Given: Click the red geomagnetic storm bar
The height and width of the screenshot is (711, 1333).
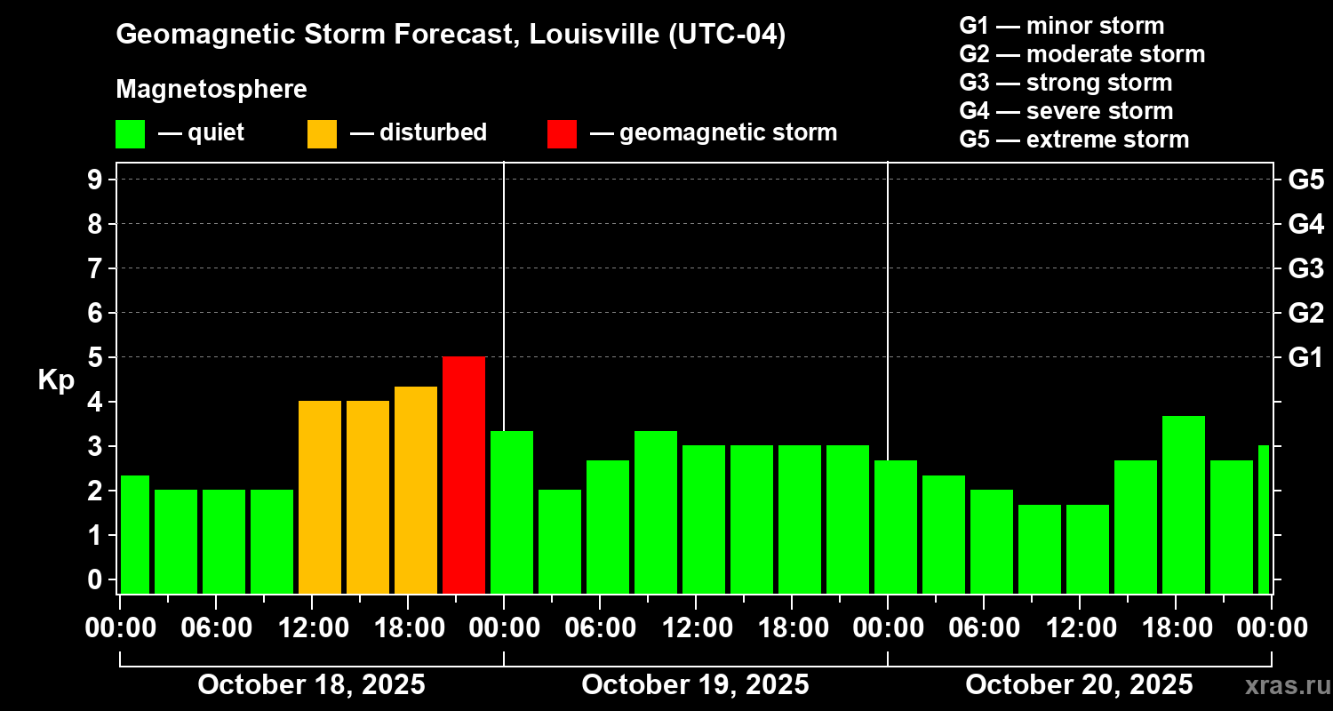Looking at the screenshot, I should (x=464, y=475).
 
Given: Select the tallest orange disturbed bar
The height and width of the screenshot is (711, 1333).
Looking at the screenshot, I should (x=416, y=490).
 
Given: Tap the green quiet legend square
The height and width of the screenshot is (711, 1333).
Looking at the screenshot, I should (x=130, y=133).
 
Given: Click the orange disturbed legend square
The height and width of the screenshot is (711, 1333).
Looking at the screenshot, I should (x=322, y=133).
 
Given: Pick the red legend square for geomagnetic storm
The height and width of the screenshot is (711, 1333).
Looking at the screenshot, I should (x=562, y=133).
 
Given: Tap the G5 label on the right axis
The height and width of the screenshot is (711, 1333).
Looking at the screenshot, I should (x=1305, y=180).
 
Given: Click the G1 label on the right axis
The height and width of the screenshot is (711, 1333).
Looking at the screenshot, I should (x=1305, y=357).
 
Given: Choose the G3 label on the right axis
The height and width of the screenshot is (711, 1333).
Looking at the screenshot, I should (x=1305, y=268).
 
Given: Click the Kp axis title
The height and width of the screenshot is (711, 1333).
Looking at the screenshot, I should (x=56, y=379).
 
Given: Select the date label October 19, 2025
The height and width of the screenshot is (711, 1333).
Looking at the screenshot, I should (x=695, y=685).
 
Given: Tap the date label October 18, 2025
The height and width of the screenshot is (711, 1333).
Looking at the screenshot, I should (x=311, y=685).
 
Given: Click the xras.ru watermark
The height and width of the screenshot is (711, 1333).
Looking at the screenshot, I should (x=1284, y=685).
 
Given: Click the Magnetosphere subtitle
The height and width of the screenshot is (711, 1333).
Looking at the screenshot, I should (x=212, y=90).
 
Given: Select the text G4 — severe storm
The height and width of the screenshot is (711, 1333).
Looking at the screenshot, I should (x=1066, y=111).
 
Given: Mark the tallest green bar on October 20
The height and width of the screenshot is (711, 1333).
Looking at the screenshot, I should (x=1184, y=504).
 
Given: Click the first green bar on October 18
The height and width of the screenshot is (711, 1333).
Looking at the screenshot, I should (x=135, y=534).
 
